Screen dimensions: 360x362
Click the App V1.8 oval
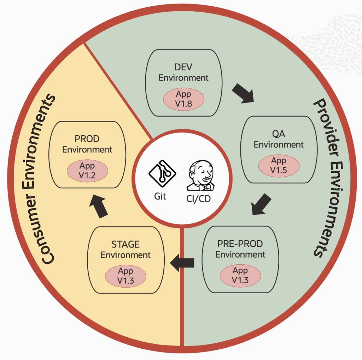coord(183,99)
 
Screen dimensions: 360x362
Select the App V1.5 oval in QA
coord(279,165)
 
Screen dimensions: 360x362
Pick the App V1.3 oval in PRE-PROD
coord(240,275)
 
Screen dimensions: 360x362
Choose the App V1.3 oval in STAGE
coord(125,276)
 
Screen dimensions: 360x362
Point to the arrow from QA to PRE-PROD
coord(262,205)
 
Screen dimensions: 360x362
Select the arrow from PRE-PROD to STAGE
coord(183,262)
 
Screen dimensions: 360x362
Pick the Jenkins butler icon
coord(199,177)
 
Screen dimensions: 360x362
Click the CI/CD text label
coord(198,199)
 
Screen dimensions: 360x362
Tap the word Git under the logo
coord(160,196)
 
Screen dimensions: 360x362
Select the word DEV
coord(183,67)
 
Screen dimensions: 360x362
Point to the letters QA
coord(279,134)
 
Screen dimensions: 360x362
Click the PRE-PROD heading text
coord(240,244)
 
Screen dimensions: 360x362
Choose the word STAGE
coord(125,244)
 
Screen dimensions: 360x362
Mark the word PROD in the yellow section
coord(87,139)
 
